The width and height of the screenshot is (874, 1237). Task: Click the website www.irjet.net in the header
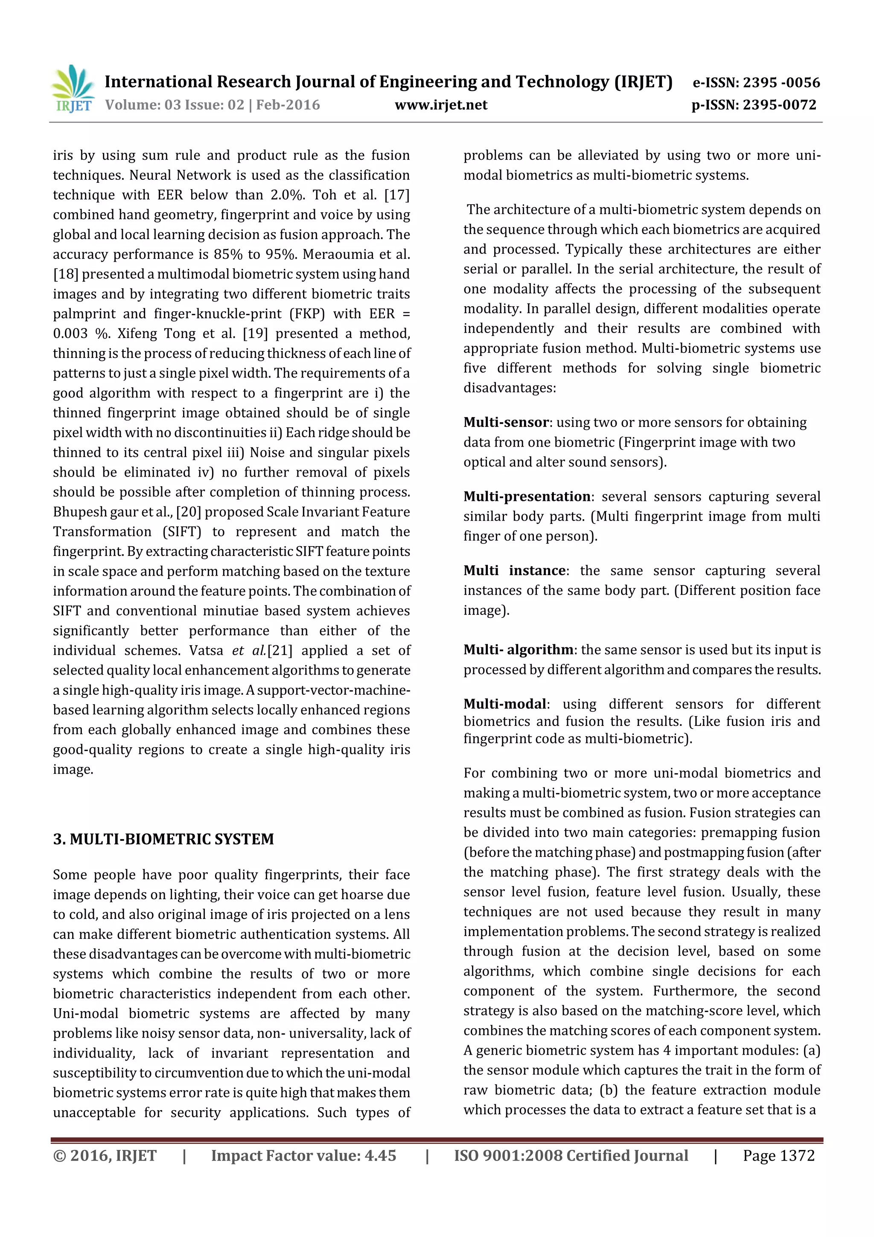[440, 105]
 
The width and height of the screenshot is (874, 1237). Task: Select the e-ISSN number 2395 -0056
[781, 82]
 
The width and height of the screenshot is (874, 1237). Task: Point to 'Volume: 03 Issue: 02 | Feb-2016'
[212, 105]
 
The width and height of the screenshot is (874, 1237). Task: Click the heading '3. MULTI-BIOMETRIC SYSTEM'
[163, 839]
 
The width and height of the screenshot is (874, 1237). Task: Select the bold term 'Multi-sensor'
[506, 422]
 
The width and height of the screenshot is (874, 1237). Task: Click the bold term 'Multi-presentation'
[527, 496]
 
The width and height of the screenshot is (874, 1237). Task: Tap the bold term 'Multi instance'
[514, 570]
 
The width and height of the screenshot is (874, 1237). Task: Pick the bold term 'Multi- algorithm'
[518, 650]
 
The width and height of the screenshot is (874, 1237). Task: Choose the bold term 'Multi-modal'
[504, 704]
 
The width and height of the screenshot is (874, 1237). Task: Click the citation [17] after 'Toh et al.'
[397, 195]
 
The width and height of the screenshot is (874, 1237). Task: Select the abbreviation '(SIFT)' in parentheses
[182, 532]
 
